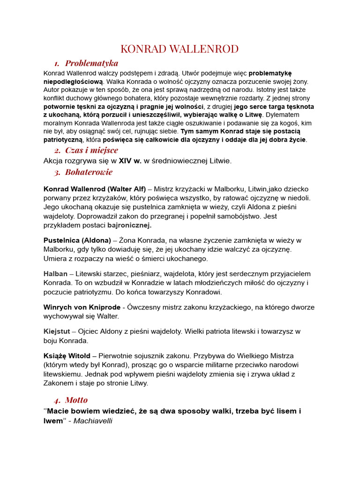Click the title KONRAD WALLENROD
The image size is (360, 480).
(180, 49)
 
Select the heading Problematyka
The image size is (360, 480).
(91, 63)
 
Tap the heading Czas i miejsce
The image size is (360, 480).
(91, 150)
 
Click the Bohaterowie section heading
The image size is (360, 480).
(89, 172)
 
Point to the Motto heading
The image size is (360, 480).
(76, 400)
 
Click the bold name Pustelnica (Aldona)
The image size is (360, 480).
(77, 240)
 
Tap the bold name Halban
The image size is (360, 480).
(55, 274)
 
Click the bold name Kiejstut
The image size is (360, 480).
(57, 331)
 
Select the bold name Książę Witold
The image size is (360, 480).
(70, 356)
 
